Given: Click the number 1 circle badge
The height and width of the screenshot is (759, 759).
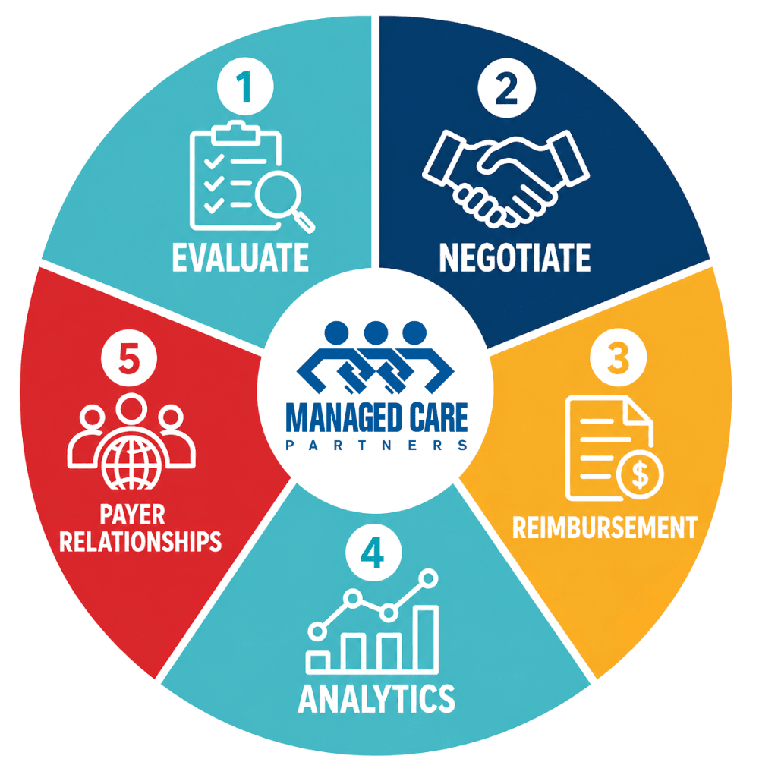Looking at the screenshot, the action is click(x=245, y=87).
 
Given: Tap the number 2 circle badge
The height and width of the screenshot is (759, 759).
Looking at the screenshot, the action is click(x=506, y=87).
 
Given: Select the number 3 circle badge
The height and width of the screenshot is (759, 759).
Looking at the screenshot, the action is click(x=618, y=357).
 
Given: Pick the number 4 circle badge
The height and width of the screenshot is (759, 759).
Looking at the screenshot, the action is click(x=373, y=553).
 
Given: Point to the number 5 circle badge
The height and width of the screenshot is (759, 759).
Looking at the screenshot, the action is click(x=129, y=357).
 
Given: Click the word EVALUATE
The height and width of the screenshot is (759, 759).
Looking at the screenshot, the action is click(x=241, y=257).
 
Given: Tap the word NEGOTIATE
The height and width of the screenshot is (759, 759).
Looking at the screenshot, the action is click(x=515, y=257).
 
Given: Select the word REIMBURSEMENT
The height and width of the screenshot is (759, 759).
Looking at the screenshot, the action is click(x=605, y=528).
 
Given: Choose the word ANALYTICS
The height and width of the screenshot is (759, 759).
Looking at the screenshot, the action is click(x=376, y=698).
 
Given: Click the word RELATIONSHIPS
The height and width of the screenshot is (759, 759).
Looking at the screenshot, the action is click(x=140, y=541).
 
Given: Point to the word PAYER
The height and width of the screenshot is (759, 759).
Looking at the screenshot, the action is click(x=132, y=514).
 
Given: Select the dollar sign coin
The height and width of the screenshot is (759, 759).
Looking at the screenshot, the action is click(x=640, y=475).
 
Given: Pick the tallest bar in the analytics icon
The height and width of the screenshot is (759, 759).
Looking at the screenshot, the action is click(x=427, y=638).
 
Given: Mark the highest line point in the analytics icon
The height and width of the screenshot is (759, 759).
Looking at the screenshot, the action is click(x=428, y=578).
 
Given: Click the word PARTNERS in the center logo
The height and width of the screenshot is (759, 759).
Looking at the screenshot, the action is click(x=376, y=445).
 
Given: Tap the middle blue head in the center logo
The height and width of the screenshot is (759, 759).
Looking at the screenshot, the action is click(x=376, y=333).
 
